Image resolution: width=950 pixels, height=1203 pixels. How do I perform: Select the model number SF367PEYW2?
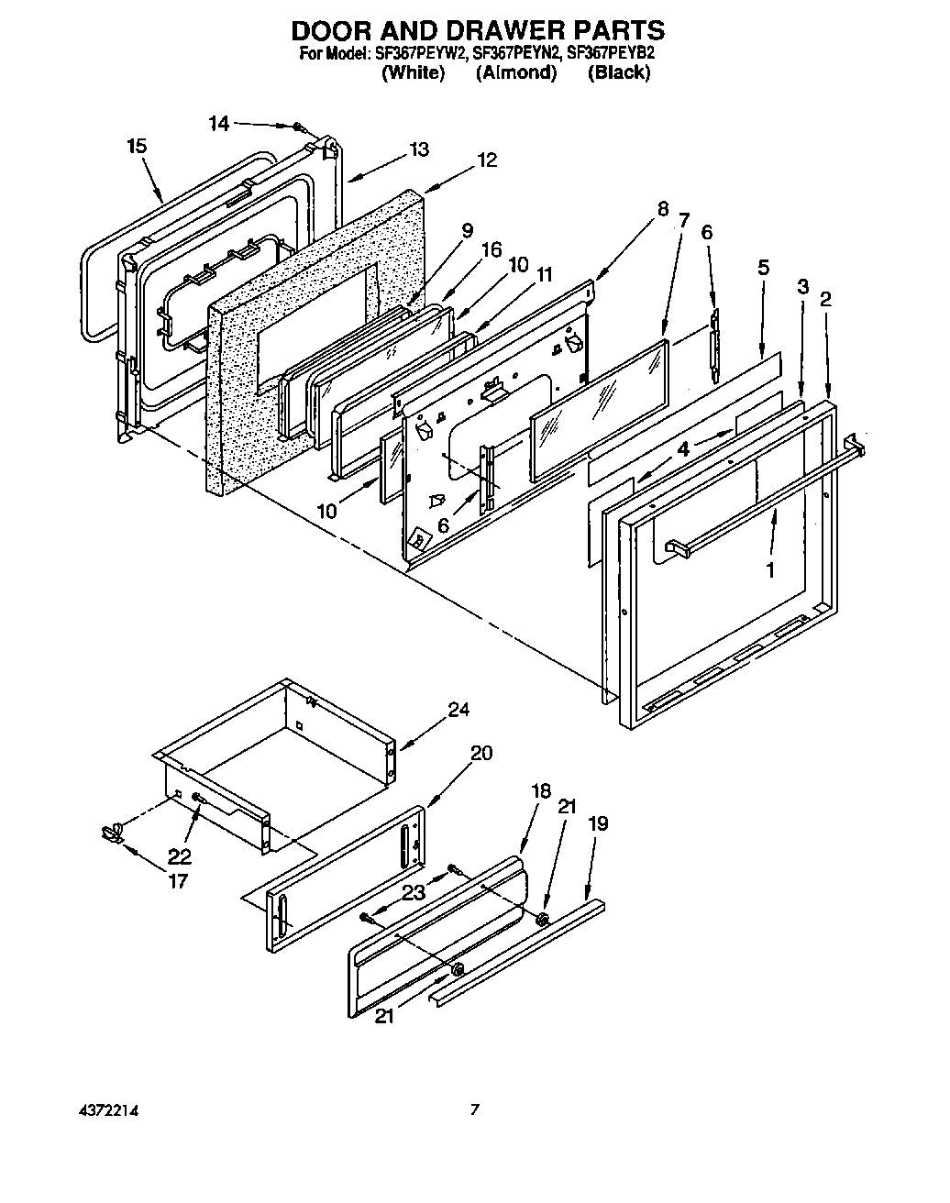421,54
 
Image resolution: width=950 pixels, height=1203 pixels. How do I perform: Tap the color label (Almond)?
516,73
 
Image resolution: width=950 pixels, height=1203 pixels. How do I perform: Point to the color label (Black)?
619,73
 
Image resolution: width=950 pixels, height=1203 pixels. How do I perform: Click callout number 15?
137,147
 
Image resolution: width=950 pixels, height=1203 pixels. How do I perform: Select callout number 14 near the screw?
218,124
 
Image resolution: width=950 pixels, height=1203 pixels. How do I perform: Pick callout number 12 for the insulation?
487,160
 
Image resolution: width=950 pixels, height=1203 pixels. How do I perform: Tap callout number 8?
662,208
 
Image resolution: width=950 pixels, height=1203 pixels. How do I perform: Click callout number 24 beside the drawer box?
458,709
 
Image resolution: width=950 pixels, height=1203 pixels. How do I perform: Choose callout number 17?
177,881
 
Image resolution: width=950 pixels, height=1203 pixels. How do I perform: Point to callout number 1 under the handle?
770,569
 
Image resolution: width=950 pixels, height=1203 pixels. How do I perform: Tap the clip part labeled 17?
112,833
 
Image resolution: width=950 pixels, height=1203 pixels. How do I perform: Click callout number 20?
481,753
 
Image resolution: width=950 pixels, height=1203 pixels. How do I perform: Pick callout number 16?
492,248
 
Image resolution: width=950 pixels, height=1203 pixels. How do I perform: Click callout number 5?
763,269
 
